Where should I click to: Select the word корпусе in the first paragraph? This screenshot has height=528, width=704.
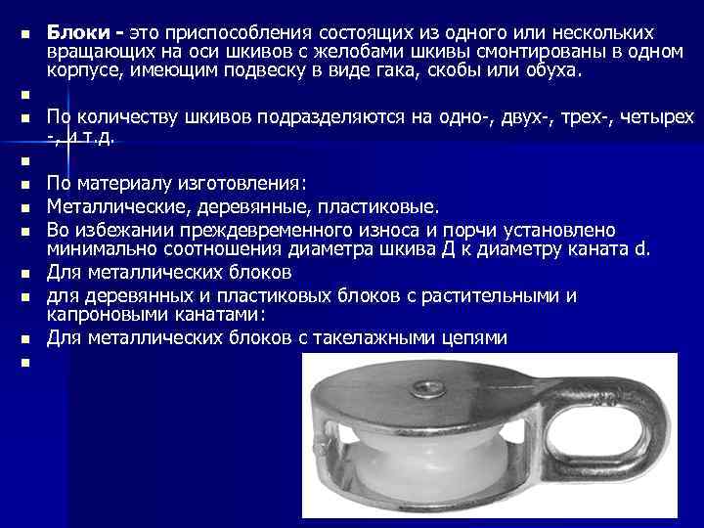pyautogui.click(x=82, y=72)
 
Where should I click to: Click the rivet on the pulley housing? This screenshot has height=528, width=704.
pyautogui.click(x=427, y=390)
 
